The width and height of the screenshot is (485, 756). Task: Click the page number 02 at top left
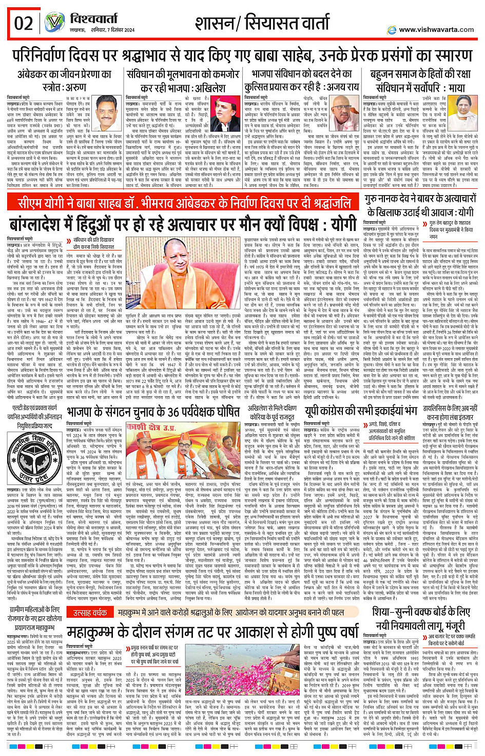pos(24,23)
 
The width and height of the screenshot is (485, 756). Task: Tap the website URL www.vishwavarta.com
pos(436,30)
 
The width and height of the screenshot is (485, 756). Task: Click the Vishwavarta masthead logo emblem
pos(54,23)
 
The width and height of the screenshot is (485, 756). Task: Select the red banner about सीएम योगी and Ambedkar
pos(185,202)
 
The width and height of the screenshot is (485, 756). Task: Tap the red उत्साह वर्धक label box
pos(89,613)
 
